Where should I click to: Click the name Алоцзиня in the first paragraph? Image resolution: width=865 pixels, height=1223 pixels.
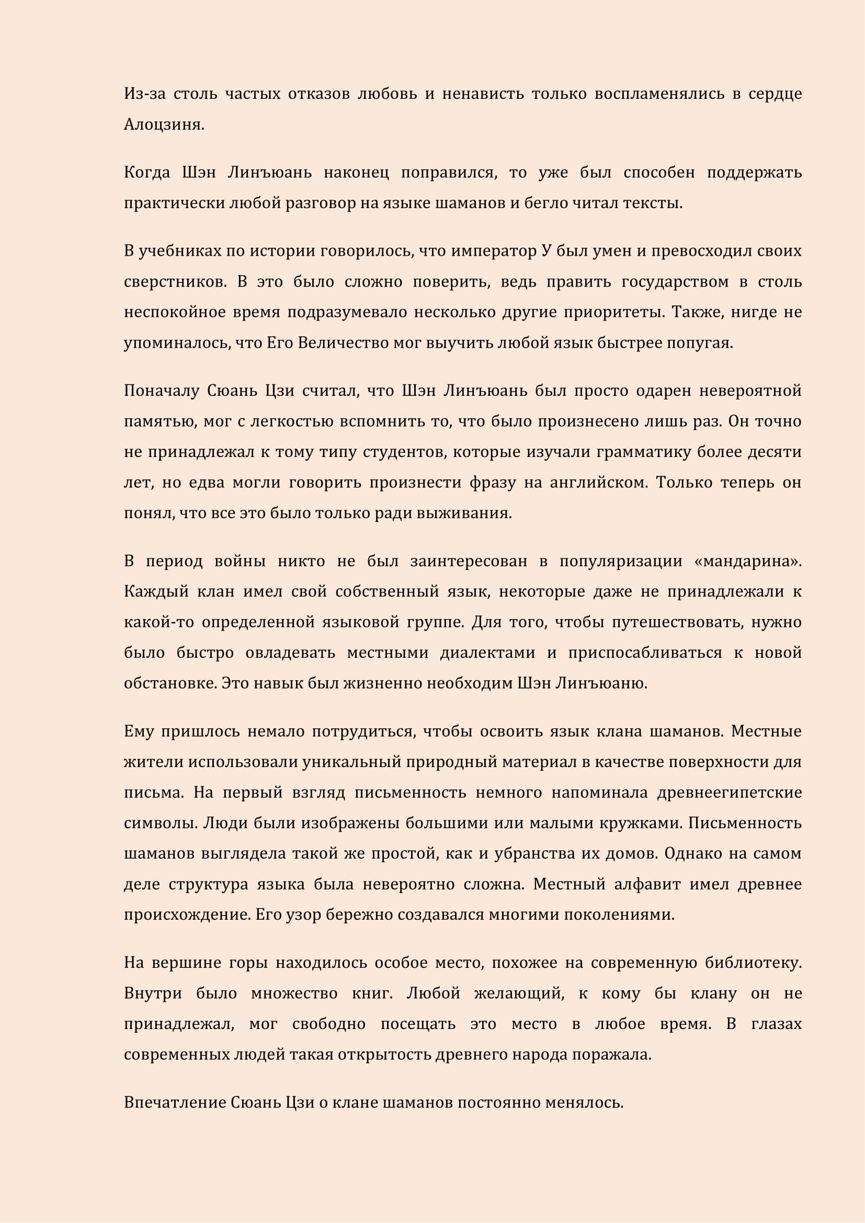coord(164,124)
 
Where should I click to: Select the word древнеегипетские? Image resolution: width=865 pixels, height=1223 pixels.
coord(729,793)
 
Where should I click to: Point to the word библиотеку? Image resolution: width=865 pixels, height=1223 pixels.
coord(753,964)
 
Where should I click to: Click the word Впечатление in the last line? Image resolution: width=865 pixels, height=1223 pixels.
coord(175,1103)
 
